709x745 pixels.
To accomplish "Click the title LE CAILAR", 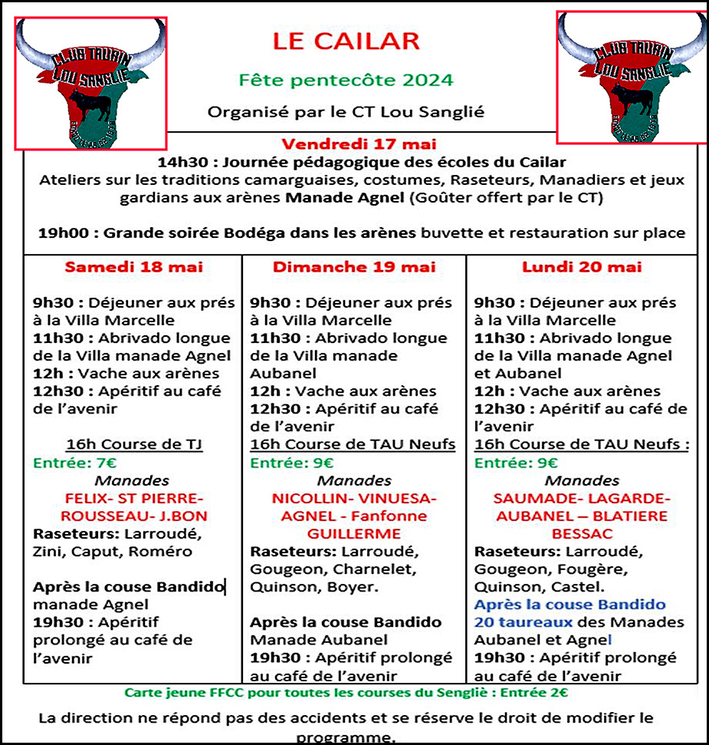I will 346,41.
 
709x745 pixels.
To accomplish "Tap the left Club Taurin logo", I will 91,83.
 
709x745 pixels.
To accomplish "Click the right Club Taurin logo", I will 631,77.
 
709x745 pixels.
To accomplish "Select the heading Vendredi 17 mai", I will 349,143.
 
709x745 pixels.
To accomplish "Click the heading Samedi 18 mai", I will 133,267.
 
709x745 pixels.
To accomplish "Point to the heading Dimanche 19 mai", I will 354,267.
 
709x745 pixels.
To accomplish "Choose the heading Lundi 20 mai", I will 582,267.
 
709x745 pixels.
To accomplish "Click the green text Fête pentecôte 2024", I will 346,80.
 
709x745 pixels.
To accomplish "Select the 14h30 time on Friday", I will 181,163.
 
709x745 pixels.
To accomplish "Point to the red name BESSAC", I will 582,533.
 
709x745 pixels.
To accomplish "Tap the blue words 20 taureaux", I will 524,622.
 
